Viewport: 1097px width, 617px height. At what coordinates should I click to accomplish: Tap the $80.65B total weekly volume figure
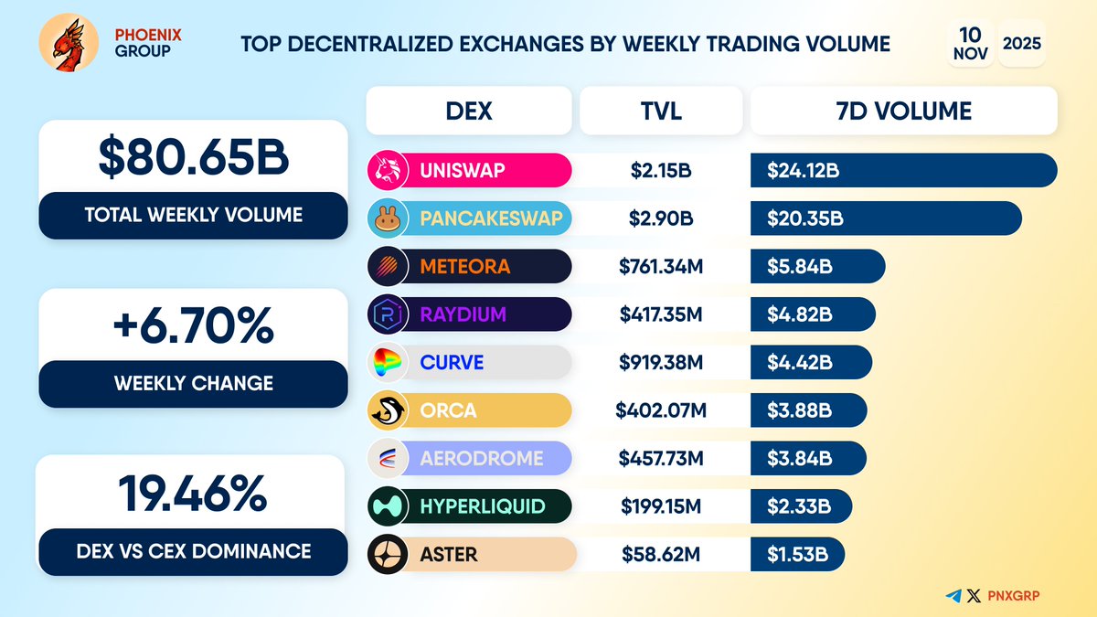193,158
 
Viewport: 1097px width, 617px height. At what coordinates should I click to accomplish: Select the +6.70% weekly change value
193,325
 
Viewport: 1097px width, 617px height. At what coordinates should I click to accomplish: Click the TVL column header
660,112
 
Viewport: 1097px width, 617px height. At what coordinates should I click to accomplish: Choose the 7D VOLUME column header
903,112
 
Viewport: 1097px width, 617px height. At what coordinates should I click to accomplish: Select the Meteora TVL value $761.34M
660,267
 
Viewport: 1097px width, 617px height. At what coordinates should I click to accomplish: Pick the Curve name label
452,363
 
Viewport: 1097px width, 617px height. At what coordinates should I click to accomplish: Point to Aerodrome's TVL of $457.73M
660,459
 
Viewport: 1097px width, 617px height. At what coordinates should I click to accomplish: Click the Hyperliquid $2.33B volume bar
801,506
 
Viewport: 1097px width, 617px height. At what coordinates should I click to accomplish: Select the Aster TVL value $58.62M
660,554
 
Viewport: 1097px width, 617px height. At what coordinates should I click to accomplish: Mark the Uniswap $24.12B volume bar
903,170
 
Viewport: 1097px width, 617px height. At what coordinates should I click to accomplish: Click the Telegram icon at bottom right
954,596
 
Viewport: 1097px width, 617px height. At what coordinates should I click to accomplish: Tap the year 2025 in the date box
1021,43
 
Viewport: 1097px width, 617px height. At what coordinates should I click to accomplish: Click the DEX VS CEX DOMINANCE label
193,550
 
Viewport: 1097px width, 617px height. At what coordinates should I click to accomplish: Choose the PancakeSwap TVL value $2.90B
660,218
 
